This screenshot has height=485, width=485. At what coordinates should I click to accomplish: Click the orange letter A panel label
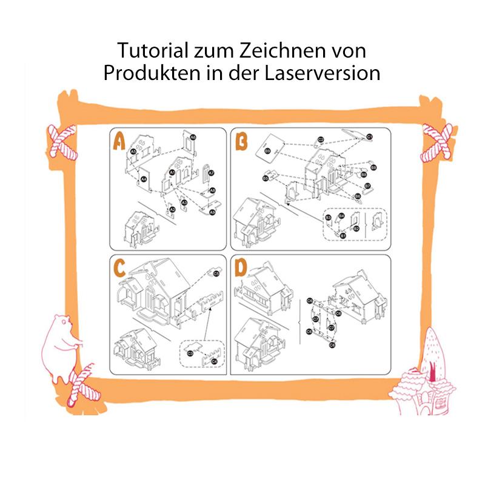tap(119, 141)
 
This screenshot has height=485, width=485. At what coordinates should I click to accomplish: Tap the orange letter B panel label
tap(241, 142)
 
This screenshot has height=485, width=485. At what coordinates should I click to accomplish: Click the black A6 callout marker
tap(193, 138)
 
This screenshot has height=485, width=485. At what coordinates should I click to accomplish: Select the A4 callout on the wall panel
tap(144, 179)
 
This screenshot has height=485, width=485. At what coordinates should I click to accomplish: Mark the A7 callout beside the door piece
tap(211, 173)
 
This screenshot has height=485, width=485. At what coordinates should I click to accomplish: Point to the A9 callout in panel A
tap(212, 212)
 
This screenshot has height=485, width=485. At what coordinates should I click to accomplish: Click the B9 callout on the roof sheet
tap(267, 151)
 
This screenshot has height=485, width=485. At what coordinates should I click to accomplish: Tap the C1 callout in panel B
tap(369, 137)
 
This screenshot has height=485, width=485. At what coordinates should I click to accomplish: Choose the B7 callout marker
tap(367, 186)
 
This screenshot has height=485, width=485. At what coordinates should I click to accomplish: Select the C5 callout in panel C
tap(216, 274)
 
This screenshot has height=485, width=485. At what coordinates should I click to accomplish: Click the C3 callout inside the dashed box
tap(190, 353)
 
